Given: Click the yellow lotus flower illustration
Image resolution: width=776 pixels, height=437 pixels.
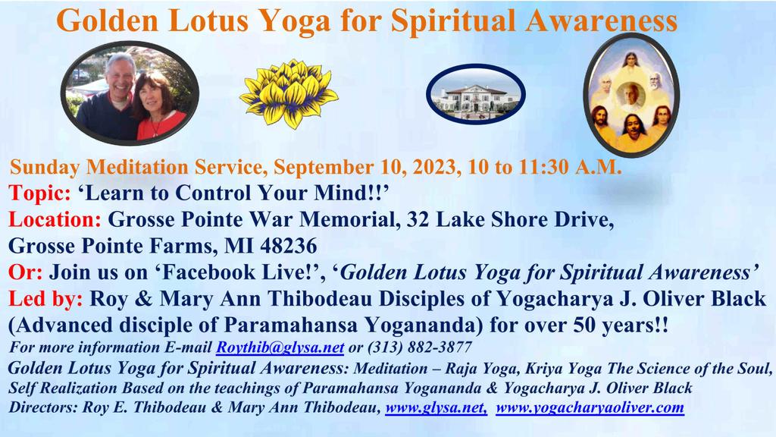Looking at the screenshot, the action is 289,93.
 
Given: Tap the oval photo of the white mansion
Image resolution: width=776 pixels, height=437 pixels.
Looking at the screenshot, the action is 476,94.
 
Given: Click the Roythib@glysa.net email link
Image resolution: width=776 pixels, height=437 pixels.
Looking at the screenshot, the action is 280,347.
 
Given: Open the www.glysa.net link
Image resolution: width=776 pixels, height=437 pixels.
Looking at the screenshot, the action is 436,407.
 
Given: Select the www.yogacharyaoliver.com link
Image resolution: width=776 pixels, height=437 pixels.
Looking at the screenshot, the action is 590,407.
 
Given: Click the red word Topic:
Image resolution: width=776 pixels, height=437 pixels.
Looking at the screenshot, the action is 39,193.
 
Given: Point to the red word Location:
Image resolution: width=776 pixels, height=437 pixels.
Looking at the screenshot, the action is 55,219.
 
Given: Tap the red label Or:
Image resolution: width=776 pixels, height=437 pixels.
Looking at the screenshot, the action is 25,272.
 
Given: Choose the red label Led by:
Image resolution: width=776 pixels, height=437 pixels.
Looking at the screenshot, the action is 45,299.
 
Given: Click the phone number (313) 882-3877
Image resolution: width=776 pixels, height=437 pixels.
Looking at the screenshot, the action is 420,347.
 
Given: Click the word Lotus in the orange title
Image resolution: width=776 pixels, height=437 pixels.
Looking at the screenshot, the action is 208,20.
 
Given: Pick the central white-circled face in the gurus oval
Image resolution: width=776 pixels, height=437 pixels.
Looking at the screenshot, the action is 631,96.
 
